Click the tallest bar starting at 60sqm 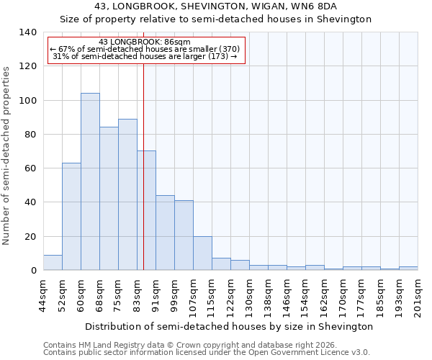click(x=90, y=181)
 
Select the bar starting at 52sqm click(x=71, y=216)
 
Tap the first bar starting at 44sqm click(x=53, y=263)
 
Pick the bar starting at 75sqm click(x=127, y=194)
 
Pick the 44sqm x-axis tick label click(x=44, y=294)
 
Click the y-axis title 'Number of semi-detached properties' click(x=6, y=155)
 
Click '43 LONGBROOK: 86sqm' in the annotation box click(x=145, y=42)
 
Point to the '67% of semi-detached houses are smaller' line click(x=145, y=49)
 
